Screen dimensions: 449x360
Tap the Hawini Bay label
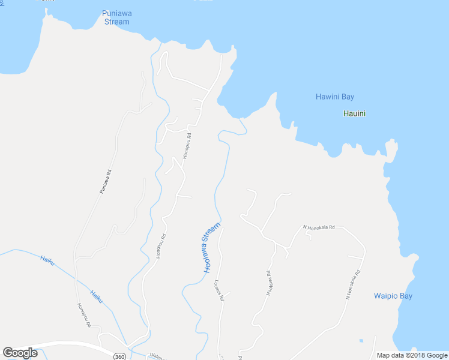[x=334, y=97]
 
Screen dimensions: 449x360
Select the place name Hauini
[x=354, y=113]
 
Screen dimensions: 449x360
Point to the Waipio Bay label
[x=393, y=296]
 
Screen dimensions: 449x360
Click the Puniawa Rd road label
[x=106, y=181]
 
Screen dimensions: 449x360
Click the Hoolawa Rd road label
[x=270, y=282]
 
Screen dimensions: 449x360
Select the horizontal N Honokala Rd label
[x=318, y=227]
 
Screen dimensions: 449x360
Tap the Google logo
[x=20, y=353]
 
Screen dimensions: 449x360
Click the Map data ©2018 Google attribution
[x=412, y=355]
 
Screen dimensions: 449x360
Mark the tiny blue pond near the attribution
[x=361, y=341]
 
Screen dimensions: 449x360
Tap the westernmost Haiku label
[x=47, y=260]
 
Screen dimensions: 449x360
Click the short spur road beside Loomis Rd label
[x=228, y=293]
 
